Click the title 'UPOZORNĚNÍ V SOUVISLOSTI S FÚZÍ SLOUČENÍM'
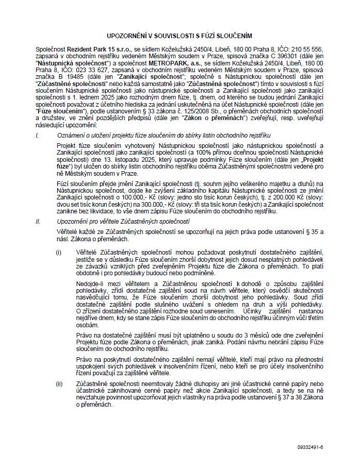179,36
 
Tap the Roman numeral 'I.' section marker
37,135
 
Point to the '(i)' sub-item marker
59,251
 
